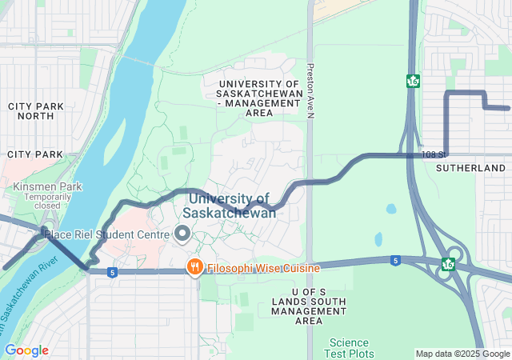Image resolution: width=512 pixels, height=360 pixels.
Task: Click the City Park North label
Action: point(30,111)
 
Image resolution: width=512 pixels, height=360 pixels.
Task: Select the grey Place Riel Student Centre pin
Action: point(182,234)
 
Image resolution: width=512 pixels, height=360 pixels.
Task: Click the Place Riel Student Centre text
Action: point(107,234)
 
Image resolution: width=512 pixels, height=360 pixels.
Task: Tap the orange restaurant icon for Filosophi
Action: point(194,267)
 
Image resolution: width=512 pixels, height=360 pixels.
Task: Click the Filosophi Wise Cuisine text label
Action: point(263,268)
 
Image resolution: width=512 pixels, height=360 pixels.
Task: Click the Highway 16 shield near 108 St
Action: point(413,82)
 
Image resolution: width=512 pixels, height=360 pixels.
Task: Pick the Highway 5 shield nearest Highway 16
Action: point(395,260)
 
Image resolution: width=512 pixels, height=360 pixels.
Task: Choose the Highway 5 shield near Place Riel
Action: point(112,272)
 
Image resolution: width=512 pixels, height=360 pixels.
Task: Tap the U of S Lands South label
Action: point(308,306)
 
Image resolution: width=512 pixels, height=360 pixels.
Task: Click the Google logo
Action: point(26,350)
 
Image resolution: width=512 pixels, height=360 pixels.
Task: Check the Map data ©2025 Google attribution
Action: point(462,354)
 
